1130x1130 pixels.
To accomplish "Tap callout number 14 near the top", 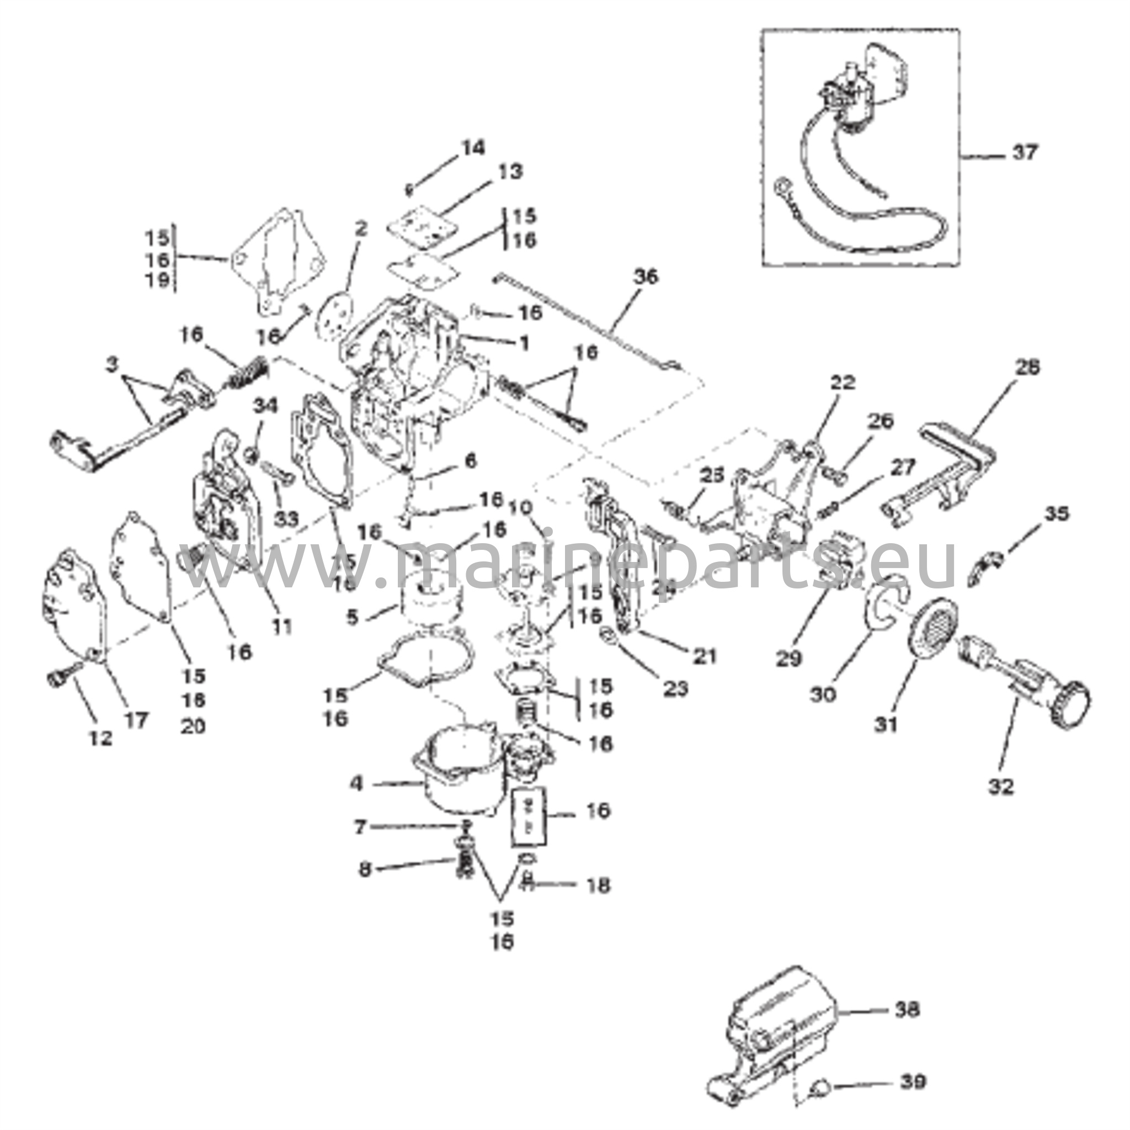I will point(473,148).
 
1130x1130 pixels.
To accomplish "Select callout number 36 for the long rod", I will point(645,276).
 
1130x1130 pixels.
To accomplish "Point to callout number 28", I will point(1027,368).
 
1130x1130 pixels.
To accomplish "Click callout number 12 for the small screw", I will point(100,739).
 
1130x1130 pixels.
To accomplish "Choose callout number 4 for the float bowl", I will point(357,783).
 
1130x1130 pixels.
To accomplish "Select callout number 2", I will point(361,228).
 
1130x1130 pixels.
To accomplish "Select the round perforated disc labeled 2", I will point(333,310).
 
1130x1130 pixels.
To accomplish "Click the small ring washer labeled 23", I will point(607,634).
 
